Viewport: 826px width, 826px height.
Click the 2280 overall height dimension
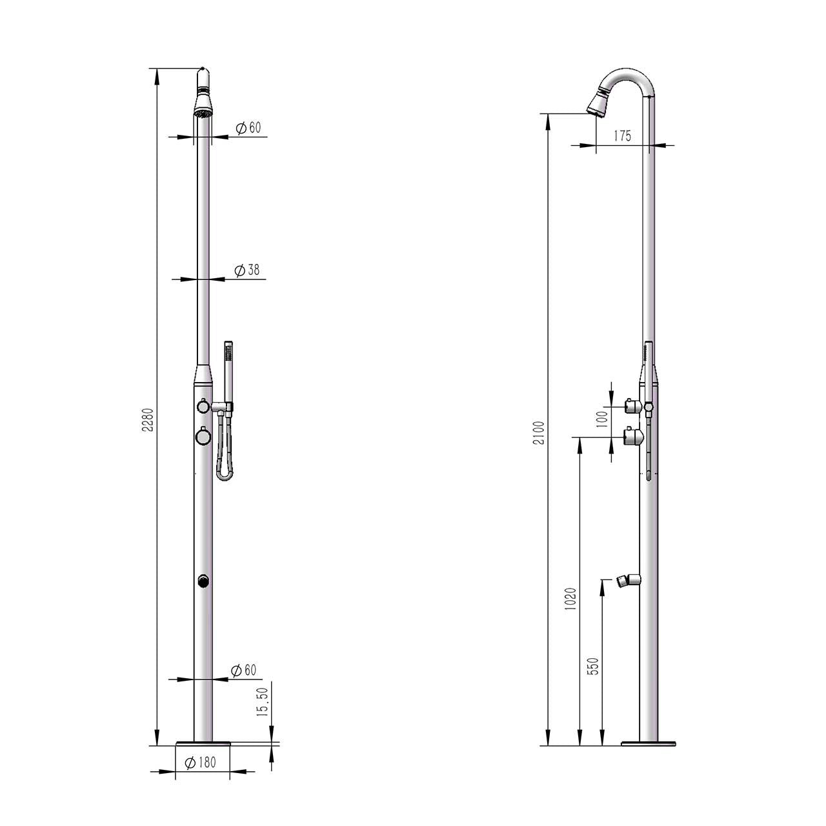[147, 419]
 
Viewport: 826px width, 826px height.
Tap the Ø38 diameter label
[248, 270]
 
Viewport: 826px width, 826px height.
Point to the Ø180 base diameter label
[200, 762]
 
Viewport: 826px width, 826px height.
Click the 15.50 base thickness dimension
[262, 702]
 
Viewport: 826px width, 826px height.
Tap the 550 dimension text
[594, 665]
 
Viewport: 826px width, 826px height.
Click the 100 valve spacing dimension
[601, 420]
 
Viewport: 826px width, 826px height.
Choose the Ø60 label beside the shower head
[248, 128]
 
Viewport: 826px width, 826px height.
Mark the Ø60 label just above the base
[244, 670]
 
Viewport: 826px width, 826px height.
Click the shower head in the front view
[203, 103]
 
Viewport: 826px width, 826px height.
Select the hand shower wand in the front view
[227, 371]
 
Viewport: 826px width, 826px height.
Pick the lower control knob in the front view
[203, 437]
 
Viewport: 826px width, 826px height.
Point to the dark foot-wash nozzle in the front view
[203, 581]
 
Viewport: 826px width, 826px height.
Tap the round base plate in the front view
[203, 744]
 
